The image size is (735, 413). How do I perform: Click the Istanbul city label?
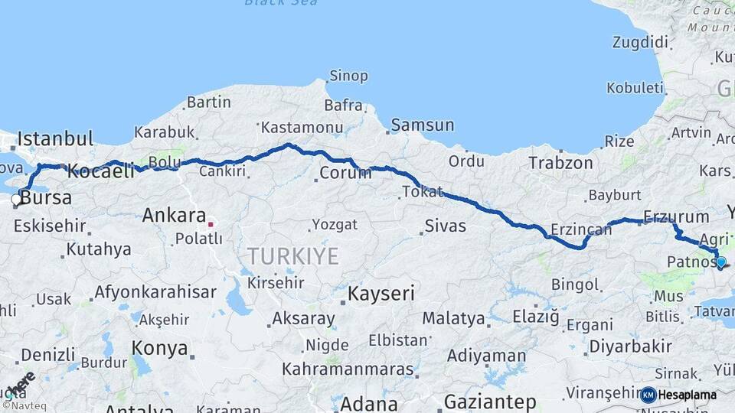(x=55, y=139)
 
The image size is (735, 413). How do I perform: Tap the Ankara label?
(x=174, y=216)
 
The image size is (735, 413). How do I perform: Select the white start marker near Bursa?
(x=16, y=200)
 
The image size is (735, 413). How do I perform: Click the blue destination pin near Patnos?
(x=720, y=262)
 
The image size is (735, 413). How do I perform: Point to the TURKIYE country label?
(x=292, y=256)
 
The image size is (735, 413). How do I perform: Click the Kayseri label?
(x=381, y=293)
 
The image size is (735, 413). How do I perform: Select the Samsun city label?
(x=422, y=125)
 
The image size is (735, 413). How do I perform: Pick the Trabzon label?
(x=560, y=163)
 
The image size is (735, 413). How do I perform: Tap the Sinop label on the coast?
(x=348, y=76)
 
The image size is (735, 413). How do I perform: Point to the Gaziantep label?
(x=489, y=402)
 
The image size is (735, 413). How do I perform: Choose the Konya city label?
(x=159, y=348)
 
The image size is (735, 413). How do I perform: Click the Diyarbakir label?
(x=630, y=346)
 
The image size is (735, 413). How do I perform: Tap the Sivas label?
(x=445, y=225)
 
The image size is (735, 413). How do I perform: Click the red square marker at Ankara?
(x=211, y=224)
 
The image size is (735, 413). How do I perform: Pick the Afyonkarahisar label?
(x=145, y=292)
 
